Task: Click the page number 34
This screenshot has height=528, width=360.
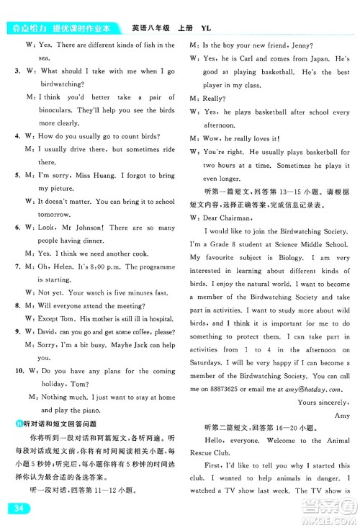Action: [x=15, y=510]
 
